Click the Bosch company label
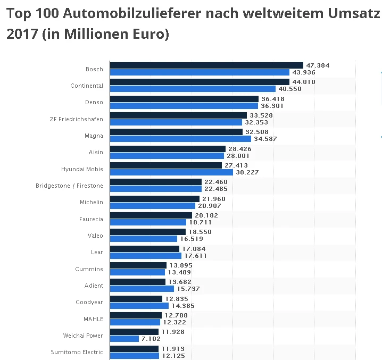pos(94,69)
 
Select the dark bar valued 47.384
pos(206,65)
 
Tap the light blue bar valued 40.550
pos(193,89)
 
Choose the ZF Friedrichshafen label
pos(76,119)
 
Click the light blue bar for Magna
pos(180,139)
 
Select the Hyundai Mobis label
pos(82,169)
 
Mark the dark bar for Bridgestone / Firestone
pos(155,182)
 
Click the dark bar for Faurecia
pos(151,215)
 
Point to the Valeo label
pos(95,236)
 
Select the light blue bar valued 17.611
pos(145,256)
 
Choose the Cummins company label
pos(89,269)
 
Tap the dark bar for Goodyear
pos(136,299)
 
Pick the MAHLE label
pos(94,319)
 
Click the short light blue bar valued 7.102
pos(124,339)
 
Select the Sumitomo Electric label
pos(77,352)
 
